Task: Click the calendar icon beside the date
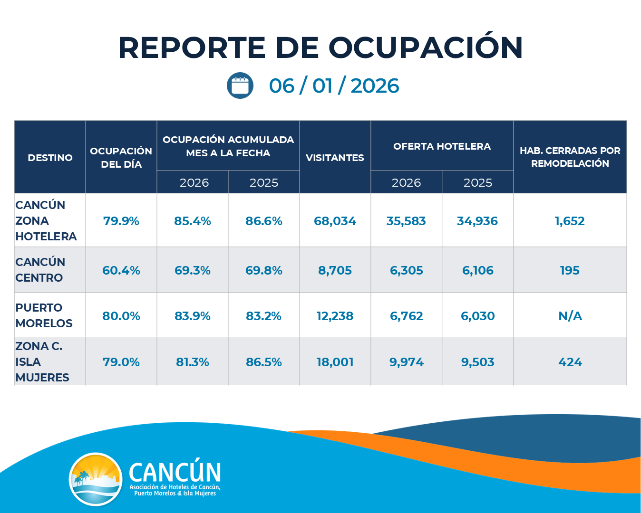click(x=240, y=85)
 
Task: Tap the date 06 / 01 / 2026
click(x=334, y=86)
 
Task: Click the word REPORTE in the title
click(x=192, y=47)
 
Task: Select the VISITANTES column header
click(x=335, y=158)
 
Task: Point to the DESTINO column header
click(x=50, y=158)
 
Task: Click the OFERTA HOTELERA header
click(x=442, y=146)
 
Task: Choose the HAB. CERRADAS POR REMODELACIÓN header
click(x=570, y=157)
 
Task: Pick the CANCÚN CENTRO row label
click(x=40, y=270)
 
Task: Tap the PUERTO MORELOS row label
click(x=44, y=315)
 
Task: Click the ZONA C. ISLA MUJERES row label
click(x=42, y=362)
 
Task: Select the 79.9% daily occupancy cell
click(x=121, y=221)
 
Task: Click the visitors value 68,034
click(x=335, y=221)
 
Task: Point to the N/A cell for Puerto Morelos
click(x=570, y=316)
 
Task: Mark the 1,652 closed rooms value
click(x=570, y=221)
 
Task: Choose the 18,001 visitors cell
click(x=335, y=362)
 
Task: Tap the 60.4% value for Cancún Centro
click(x=121, y=270)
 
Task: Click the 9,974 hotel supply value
click(x=407, y=362)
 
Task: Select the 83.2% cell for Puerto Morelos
click(x=264, y=316)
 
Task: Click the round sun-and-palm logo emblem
click(x=96, y=479)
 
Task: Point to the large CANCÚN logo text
click(x=175, y=473)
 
